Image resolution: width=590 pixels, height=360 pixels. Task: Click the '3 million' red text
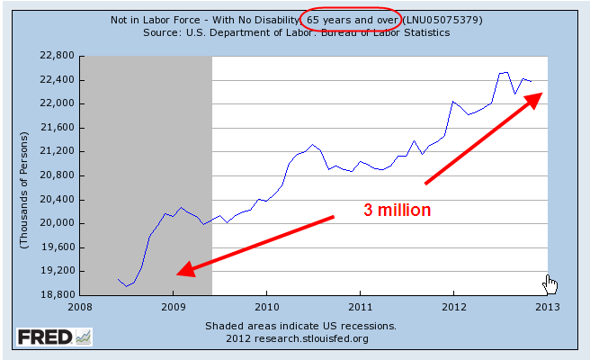[397, 210]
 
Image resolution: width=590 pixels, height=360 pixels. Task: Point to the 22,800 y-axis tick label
[56, 56]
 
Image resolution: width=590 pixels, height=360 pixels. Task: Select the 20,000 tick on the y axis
[56, 223]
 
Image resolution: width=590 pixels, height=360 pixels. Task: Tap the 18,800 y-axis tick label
[56, 294]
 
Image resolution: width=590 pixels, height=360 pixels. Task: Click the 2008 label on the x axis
[80, 306]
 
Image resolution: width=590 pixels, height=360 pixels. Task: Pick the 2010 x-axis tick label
[266, 306]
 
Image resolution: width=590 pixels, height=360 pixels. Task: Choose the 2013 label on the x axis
[548, 306]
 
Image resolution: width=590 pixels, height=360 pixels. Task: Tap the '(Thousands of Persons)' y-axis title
[24, 175]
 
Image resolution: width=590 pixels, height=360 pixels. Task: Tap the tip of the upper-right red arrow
[541, 91]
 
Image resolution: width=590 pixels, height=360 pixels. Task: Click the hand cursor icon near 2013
[551, 284]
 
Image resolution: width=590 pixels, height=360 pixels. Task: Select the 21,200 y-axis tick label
[56, 151]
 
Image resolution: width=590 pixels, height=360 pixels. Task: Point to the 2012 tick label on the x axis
[454, 306]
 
